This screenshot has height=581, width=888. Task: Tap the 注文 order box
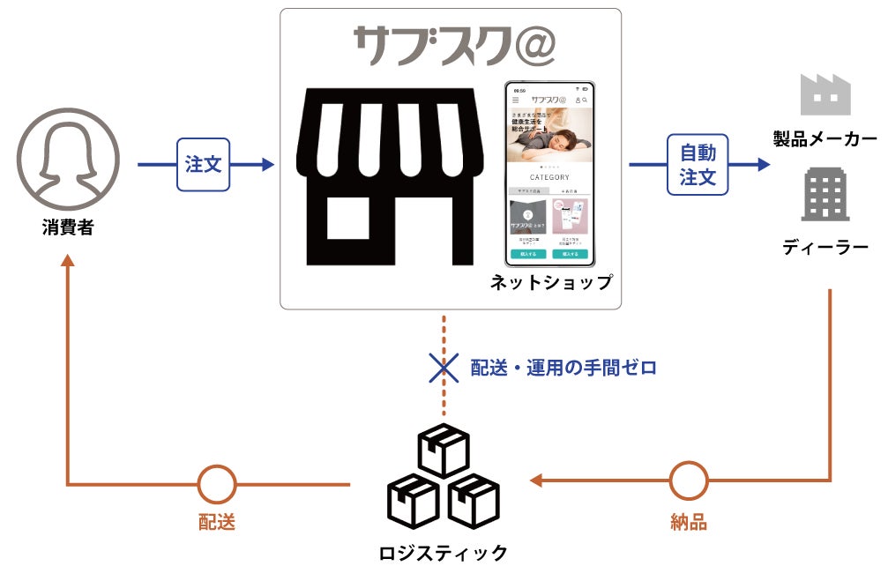204,164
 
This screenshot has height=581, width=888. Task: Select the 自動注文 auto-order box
697,164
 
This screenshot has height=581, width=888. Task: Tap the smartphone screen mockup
548,175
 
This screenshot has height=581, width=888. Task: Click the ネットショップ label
551,283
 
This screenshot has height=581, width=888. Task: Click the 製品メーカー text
825,138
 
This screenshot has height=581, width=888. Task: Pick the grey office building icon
825,195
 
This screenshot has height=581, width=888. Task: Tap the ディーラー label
825,249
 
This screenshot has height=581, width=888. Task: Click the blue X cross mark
444,367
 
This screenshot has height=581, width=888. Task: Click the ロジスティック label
444,553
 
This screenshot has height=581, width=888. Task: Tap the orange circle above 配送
216,483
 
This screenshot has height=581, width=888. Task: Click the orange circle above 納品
688,481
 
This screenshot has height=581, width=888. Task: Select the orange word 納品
688,522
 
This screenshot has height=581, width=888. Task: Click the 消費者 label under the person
67,227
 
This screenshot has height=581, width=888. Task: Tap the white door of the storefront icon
348,218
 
